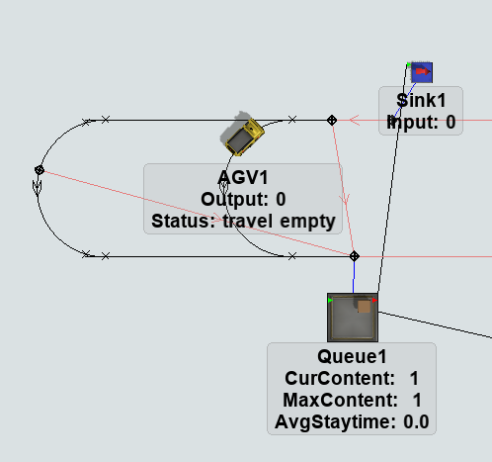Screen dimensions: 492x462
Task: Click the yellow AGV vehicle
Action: point(245,137)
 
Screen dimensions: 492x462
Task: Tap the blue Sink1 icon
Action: point(422,72)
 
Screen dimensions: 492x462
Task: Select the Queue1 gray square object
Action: point(353,318)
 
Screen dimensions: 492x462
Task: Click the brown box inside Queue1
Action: point(364,307)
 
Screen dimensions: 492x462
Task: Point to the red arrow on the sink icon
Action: point(423,71)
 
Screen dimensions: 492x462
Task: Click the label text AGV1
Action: point(243,177)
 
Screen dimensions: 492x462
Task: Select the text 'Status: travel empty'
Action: point(243,221)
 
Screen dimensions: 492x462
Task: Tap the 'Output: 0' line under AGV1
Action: point(243,199)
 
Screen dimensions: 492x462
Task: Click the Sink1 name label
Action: point(421,100)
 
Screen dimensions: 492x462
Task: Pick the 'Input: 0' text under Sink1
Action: point(421,122)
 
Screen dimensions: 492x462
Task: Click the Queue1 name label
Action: point(352,356)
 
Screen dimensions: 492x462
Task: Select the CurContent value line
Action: point(352,378)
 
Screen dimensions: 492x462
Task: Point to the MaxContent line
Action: point(352,400)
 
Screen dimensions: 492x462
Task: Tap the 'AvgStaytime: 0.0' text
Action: point(352,421)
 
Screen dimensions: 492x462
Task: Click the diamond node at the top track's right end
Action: point(332,121)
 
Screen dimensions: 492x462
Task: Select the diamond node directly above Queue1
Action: point(355,256)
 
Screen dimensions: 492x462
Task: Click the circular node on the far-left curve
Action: point(40,170)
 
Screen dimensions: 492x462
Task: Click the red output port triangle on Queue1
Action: point(374,300)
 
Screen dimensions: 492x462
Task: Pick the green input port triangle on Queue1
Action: point(330,300)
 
